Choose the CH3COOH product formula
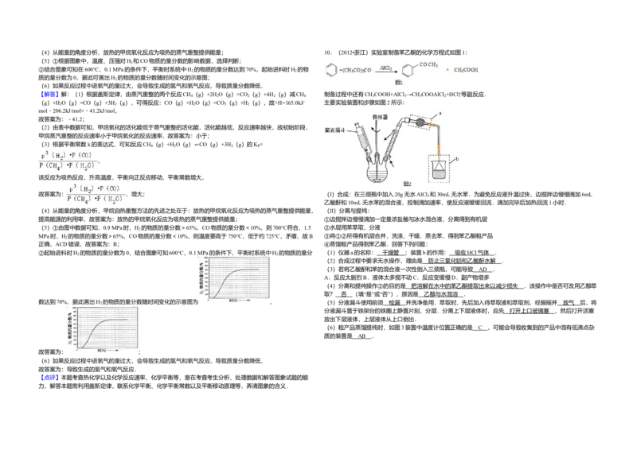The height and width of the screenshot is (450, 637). point(466,71)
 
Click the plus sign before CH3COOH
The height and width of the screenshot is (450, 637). point(447,70)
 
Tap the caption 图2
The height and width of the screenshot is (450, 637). point(407,184)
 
